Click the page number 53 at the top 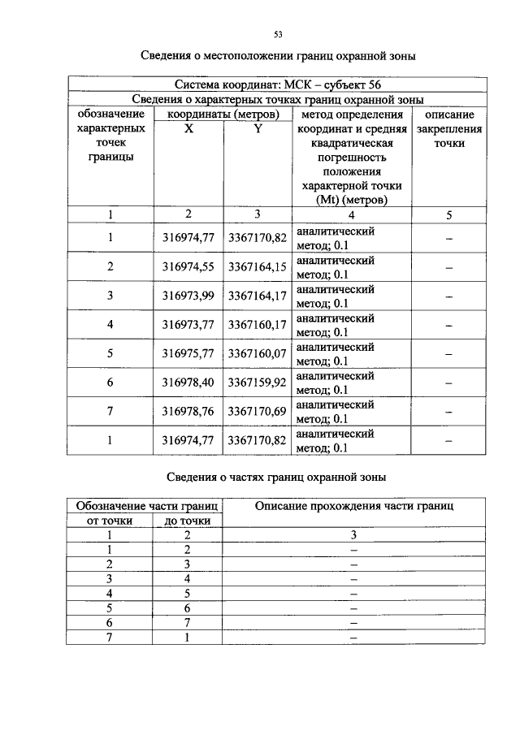click(277, 34)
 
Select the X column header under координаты click(188, 128)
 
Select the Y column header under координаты click(257, 128)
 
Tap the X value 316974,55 click(188, 266)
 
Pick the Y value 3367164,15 click(257, 266)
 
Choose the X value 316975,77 click(188, 353)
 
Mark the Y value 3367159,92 click(257, 382)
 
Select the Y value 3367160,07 click(257, 353)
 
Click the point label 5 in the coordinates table click(110, 353)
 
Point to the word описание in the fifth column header click(449, 115)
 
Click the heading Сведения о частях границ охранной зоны click(276, 476)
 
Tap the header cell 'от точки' click(110, 521)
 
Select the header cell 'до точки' click(188, 521)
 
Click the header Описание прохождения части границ click(353, 506)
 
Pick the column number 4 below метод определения click(351, 215)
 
